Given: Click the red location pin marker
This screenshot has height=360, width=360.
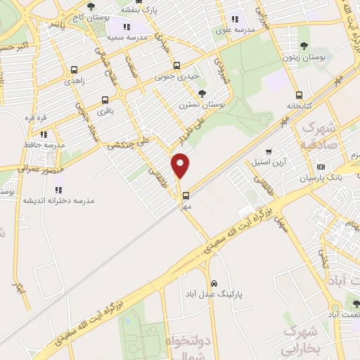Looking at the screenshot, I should pos(181,166).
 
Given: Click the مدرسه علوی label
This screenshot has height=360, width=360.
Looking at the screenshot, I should pos(234,30).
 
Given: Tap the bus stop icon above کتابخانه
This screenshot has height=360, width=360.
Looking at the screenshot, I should pos(300,96).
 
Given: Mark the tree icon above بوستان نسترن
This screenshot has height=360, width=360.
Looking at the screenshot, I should pos(202,94).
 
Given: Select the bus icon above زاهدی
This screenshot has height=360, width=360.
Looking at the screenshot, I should pos(75,70).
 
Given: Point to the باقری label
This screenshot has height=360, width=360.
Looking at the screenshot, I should pos(104,110).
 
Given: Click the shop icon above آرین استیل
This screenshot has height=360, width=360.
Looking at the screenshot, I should pos(269,152).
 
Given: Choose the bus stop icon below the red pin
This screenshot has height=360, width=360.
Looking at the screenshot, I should pos(186,196).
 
